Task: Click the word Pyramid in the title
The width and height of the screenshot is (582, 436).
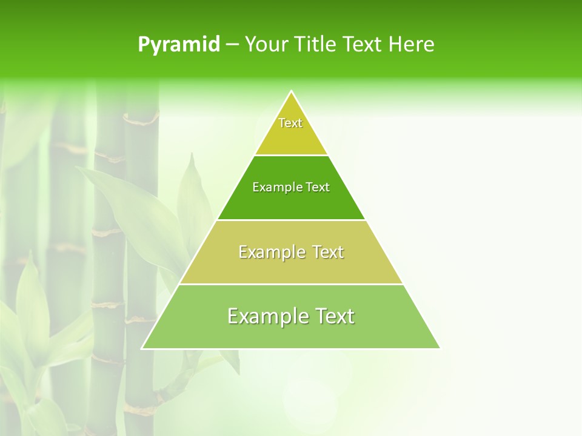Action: pyautogui.click(x=178, y=45)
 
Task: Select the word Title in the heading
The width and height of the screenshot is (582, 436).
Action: pyautogui.click(x=315, y=45)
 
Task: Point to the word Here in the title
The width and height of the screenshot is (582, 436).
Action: pyautogui.click(x=412, y=45)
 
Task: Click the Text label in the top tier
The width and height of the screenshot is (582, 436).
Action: pyautogui.click(x=290, y=123)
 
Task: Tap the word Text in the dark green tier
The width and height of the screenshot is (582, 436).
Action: pyautogui.click(x=318, y=188)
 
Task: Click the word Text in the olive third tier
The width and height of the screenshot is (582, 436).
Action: pyautogui.click(x=328, y=252)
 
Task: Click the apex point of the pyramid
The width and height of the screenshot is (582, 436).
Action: pyautogui.click(x=291, y=91)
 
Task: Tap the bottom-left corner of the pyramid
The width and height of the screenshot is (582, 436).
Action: pyautogui.click(x=142, y=348)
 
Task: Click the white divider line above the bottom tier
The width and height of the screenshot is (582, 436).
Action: pyautogui.click(x=291, y=284)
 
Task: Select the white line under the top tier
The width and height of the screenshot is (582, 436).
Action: pyautogui.click(x=291, y=155)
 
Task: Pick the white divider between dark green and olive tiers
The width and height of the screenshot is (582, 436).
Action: pyautogui.click(x=291, y=220)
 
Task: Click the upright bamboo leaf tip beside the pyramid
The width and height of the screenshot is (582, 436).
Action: pyautogui.click(x=193, y=155)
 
